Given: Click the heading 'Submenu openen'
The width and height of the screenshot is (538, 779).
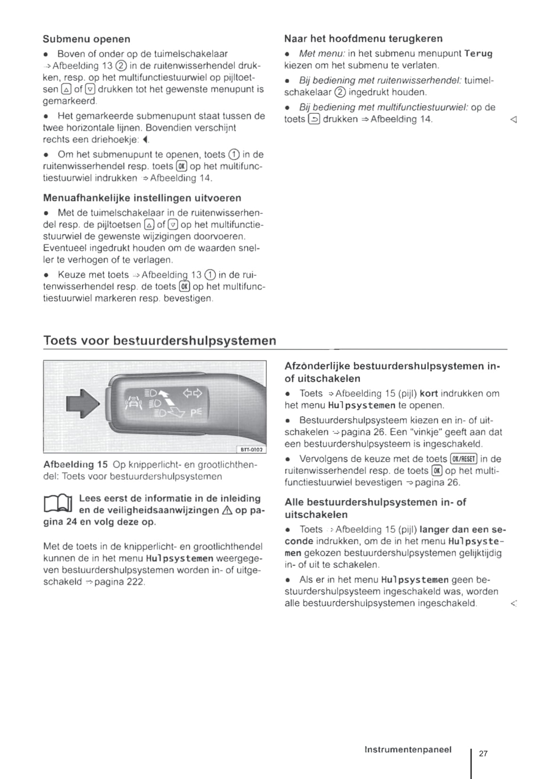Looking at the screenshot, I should (86, 39).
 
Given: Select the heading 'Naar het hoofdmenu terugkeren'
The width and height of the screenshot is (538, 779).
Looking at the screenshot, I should (363, 39).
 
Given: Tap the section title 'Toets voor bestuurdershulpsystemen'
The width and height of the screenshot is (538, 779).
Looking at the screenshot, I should (159, 341).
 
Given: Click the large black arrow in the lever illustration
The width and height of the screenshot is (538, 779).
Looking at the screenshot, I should (83, 403).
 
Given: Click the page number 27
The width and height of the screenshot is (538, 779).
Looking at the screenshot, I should (483, 753).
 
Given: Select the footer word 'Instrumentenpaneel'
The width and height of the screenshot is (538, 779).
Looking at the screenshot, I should (408, 749).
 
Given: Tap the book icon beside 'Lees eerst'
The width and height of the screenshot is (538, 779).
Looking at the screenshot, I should (57, 504).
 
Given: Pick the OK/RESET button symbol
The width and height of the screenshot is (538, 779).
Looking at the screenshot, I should (464, 459).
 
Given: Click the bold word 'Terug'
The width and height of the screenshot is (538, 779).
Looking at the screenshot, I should (478, 54).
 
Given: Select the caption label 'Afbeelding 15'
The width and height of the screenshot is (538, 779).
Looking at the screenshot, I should (75, 465).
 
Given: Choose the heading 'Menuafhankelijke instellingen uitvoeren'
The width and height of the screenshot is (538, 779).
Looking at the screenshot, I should (142, 198).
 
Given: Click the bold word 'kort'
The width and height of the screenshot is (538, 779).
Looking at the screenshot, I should (429, 393).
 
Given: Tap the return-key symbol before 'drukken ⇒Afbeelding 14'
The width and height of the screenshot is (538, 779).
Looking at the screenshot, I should (314, 119).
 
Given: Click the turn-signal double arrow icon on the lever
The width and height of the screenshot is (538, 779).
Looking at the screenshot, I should (192, 392).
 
